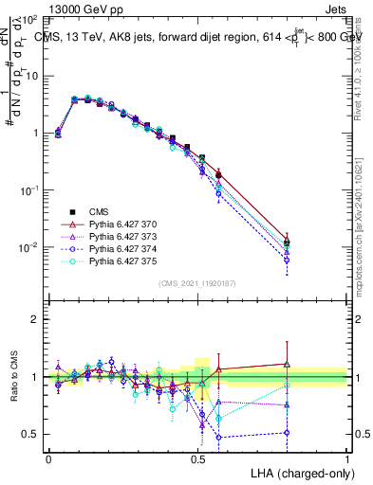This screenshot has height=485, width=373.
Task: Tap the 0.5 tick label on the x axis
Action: [197, 458]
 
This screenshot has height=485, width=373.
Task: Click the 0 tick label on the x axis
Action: [48, 458]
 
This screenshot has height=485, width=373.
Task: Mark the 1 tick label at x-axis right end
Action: [347, 458]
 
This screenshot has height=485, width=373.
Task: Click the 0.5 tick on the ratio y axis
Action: [31, 434]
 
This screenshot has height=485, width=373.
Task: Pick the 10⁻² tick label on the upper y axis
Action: [28, 247]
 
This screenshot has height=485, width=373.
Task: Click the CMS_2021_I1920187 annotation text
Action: [198, 282]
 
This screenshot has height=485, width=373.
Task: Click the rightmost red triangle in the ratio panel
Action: [288, 364]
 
